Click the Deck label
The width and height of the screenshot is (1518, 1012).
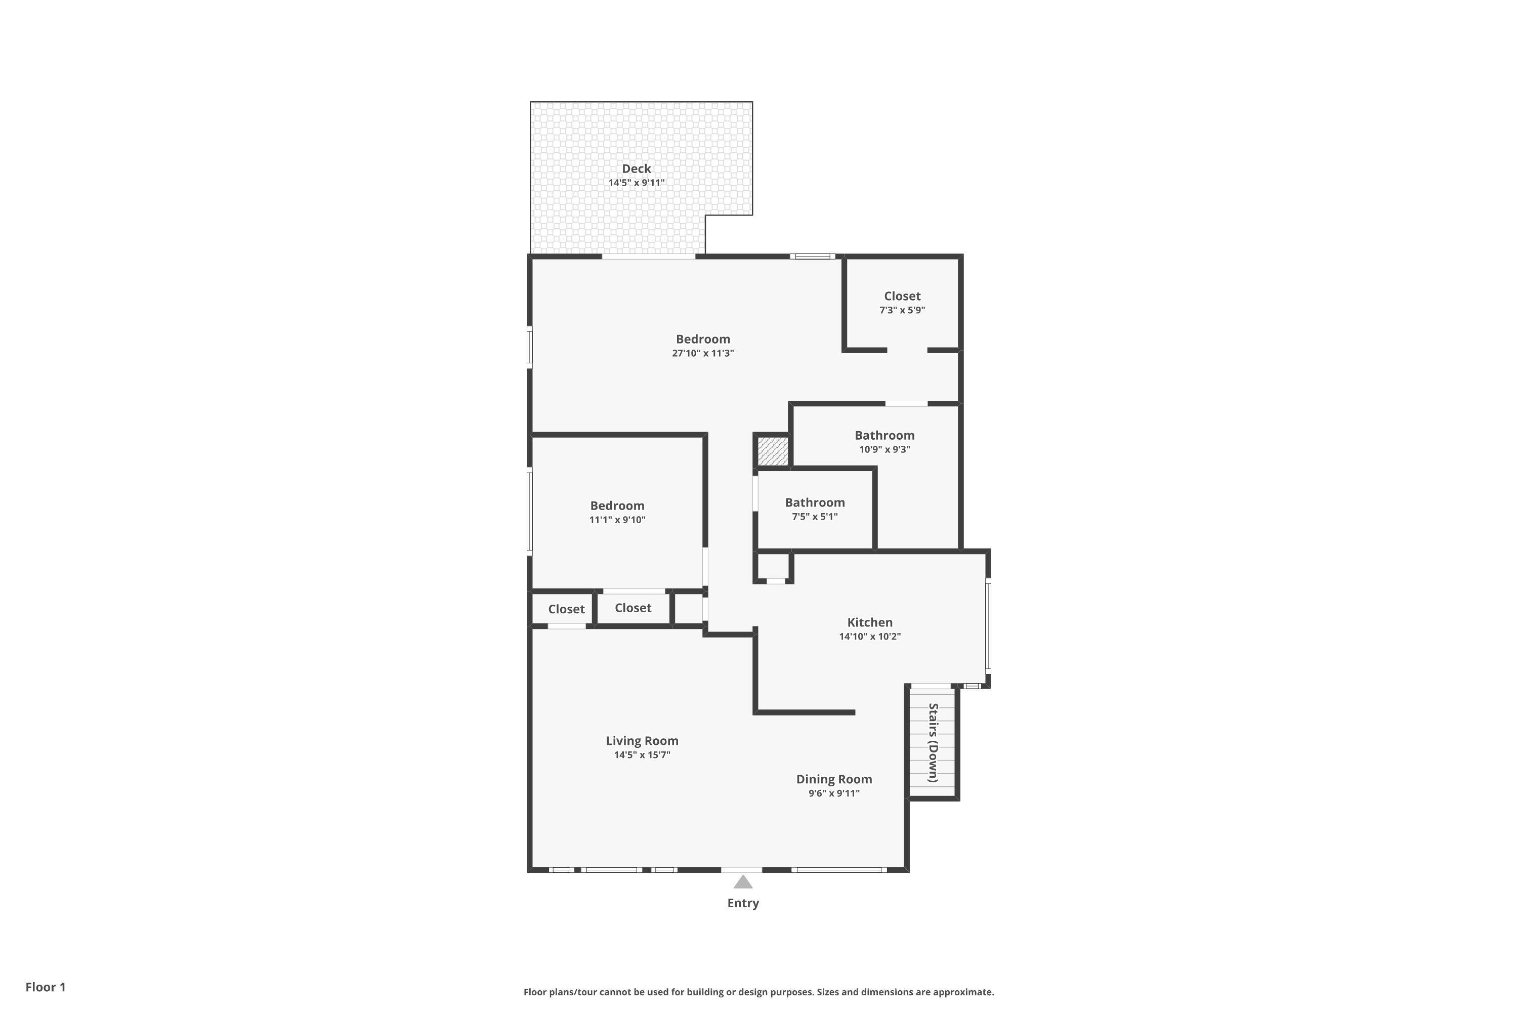tap(637, 168)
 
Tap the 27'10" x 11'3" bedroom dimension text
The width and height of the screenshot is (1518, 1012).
tap(703, 353)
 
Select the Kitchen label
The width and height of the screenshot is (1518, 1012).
tap(870, 622)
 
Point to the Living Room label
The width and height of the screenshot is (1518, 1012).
tap(642, 741)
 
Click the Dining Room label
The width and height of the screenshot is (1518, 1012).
tap(834, 779)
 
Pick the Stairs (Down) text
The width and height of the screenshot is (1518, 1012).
tap(933, 743)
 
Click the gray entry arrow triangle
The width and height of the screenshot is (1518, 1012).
tap(743, 881)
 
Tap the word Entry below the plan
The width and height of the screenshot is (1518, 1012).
tap(743, 903)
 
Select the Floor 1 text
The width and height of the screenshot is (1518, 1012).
tap(46, 987)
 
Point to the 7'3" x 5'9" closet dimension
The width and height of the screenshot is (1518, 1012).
tap(902, 310)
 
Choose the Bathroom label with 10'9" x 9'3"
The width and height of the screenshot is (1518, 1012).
tap(884, 435)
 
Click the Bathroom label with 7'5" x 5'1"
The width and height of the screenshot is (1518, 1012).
tap(815, 502)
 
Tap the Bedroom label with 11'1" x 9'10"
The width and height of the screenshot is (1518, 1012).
tap(617, 505)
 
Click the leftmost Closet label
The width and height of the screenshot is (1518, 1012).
tap(566, 609)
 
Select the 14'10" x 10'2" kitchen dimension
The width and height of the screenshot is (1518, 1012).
tap(870, 637)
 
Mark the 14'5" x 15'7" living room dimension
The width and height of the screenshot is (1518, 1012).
tap(642, 755)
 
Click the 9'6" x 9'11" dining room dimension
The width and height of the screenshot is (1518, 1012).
tap(834, 793)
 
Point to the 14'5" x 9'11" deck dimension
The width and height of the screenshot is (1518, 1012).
tap(637, 183)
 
